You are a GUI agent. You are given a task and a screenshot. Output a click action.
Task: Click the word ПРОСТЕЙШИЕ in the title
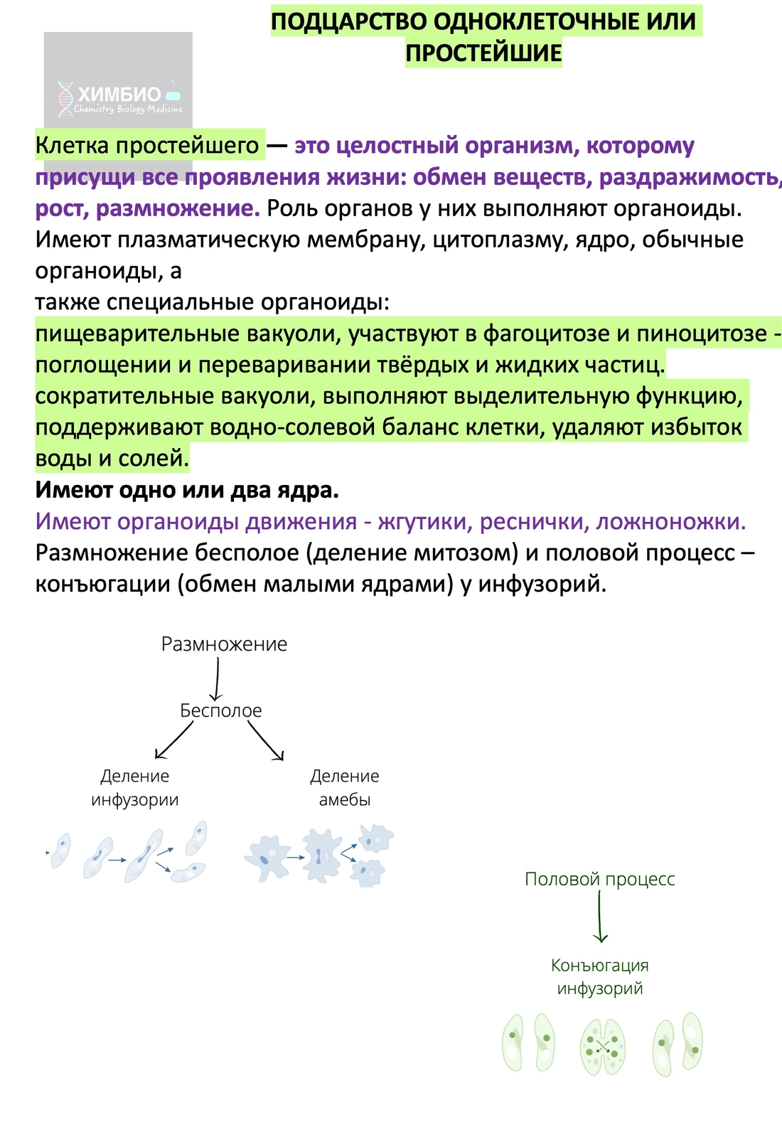click(x=483, y=53)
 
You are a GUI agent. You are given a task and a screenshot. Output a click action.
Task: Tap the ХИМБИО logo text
click(x=119, y=95)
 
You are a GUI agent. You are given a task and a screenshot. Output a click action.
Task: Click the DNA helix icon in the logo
click(x=65, y=98)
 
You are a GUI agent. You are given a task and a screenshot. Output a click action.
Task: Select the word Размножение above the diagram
click(x=224, y=644)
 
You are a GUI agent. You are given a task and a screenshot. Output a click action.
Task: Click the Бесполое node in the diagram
click(x=220, y=710)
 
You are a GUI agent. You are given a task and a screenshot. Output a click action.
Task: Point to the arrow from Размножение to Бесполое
click(x=216, y=679)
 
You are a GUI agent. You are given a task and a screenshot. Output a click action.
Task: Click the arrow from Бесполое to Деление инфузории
click(x=173, y=741)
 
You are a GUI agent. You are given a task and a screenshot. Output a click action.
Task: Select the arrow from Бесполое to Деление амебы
click(x=266, y=741)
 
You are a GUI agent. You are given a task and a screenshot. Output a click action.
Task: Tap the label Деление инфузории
click(x=134, y=788)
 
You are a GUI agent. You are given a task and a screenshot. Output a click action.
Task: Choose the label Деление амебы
click(x=344, y=788)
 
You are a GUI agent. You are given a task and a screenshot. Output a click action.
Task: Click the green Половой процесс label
click(x=599, y=879)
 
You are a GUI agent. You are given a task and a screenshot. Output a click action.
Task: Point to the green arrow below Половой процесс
click(x=601, y=917)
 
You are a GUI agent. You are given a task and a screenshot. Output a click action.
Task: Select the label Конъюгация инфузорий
click(x=599, y=976)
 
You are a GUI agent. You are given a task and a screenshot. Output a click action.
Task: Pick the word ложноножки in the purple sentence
click(x=670, y=521)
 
